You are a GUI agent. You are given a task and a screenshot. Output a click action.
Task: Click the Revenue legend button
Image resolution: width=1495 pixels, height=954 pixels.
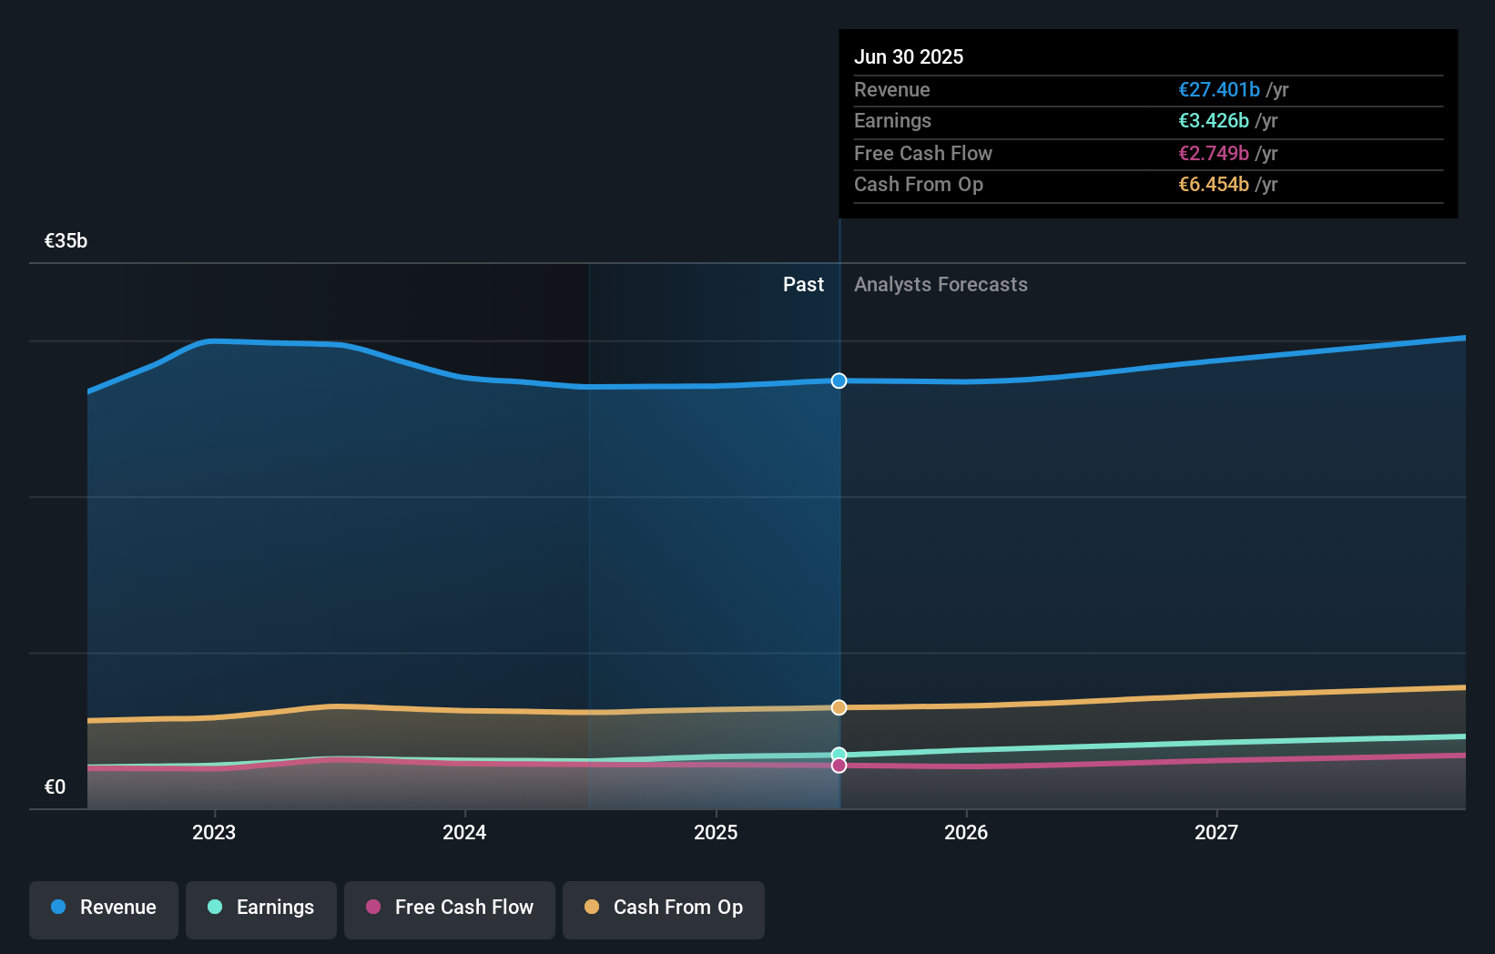point(104,908)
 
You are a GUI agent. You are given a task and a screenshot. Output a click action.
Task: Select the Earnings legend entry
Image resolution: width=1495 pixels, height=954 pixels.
point(261,908)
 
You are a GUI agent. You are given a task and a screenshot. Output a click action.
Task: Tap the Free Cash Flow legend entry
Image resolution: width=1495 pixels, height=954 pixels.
point(450,908)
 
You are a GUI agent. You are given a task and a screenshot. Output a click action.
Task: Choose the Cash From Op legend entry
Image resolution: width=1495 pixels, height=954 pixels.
point(664,908)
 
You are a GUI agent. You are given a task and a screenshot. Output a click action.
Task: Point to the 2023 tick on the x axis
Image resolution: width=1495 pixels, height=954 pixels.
point(214,832)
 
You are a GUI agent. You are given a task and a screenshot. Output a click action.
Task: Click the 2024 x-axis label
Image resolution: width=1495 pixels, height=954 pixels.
point(464,832)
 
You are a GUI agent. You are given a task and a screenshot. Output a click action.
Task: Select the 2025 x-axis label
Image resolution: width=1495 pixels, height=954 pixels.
point(716,832)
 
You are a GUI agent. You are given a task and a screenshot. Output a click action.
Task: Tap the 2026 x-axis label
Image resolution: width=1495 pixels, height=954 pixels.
point(966,832)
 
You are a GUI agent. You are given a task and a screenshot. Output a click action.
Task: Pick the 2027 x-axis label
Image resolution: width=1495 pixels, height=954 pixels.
point(1216,832)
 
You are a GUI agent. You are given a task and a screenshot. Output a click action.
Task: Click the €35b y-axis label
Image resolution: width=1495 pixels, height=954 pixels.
point(66,241)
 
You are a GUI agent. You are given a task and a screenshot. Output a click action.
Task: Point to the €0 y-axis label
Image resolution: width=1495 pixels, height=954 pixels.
point(55,787)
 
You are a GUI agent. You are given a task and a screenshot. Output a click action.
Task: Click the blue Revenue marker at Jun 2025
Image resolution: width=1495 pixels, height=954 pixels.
point(839,381)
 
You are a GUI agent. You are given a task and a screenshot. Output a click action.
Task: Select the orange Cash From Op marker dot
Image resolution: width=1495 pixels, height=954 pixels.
point(839,707)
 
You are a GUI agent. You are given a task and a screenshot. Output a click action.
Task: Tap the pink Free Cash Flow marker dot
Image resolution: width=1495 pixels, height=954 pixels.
point(839,766)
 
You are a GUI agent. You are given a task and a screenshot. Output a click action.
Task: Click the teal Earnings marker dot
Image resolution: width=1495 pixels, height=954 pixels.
point(839,754)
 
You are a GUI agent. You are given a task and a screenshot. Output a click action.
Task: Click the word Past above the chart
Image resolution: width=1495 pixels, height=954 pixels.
point(803,285)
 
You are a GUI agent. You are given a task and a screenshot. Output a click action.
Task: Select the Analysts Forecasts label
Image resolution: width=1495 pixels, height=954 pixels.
point(941,285)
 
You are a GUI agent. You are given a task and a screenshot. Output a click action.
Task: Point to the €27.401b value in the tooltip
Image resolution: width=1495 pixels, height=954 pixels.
point(1218,90)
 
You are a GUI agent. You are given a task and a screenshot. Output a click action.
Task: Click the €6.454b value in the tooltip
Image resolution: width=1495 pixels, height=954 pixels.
point(1213,185)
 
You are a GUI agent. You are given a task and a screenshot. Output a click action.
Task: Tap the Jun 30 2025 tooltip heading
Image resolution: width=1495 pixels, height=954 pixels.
point(909,57)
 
